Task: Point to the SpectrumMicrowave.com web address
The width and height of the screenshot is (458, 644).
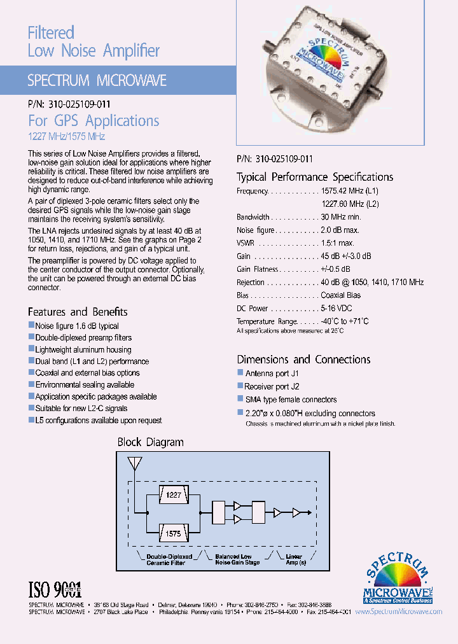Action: click(398, 612)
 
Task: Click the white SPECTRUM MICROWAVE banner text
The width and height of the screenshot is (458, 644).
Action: click(97, 81)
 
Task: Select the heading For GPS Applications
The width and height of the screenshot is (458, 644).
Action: click(94, 121)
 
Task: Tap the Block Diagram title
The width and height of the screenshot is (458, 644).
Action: click(150, 442)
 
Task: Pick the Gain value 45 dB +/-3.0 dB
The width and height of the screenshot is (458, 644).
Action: click(346, 256)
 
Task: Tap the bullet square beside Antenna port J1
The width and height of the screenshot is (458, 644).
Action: click(240, 373)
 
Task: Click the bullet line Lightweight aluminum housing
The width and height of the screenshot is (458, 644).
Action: click(83, 349)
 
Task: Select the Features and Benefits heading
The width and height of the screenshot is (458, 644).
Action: click(78, 312)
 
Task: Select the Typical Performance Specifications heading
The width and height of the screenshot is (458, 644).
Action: click(315, 177)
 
